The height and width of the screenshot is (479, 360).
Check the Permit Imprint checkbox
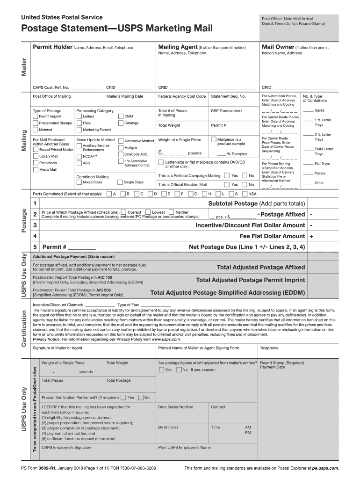coord(36,116)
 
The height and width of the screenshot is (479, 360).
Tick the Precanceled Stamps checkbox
coord(36,123)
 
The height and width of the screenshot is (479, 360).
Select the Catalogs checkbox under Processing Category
coord(121,123)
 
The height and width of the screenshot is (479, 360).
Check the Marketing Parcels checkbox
coord(79,130)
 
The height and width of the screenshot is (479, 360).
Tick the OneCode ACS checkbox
coord(121,154)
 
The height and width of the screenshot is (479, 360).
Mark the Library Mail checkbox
coord(36,156)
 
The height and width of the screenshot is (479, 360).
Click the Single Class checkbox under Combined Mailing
coord(120,182)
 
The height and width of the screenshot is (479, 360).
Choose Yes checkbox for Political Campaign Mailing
coord(227,175)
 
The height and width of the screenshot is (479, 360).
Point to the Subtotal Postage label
coord(256,203)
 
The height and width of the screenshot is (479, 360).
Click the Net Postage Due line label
coord(246,247)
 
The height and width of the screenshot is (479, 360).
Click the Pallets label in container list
coord(320,173)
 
